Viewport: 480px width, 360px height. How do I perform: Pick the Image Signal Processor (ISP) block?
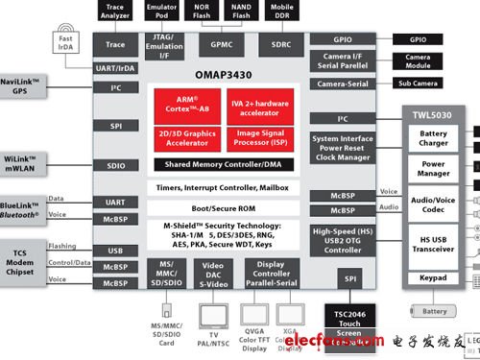coord(260,137)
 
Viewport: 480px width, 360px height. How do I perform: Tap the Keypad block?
coord(433,278)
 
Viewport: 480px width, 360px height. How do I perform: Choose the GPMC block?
coord(222,44)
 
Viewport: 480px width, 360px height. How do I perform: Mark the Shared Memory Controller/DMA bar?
coord(223,164)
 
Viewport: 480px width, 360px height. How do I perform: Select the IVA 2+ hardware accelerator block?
coord(260,104)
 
